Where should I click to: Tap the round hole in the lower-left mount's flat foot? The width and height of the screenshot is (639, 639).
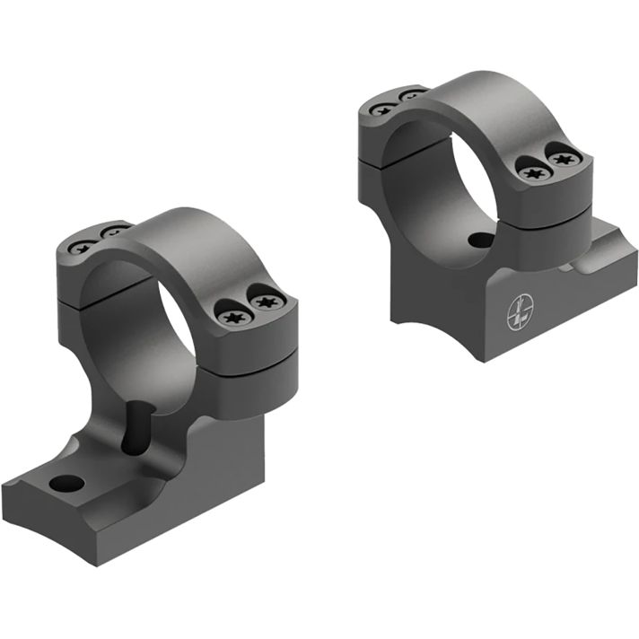point(67,485)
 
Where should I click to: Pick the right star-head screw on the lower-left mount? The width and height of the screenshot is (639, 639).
point(265,302)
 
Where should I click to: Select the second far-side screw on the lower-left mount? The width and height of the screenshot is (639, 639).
point(112,233)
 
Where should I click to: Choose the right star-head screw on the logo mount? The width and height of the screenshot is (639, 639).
point(563,159)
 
